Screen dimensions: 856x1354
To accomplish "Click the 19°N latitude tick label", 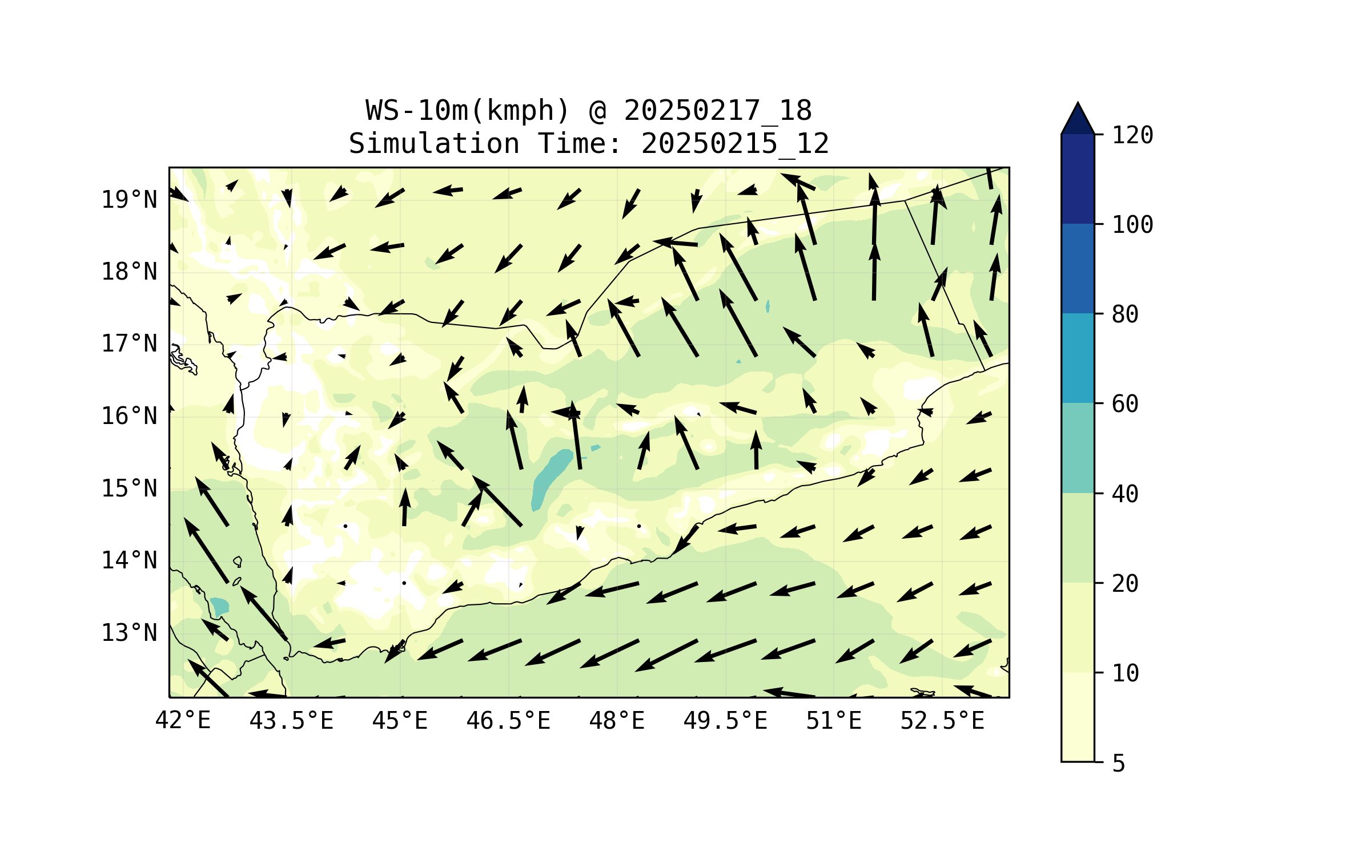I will (x=129, y=200).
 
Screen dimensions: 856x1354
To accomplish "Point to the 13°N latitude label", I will (x=129, y=633).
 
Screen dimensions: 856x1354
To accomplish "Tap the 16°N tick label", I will (x=129, y=416).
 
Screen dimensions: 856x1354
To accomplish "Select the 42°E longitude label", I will (x=183, y=721).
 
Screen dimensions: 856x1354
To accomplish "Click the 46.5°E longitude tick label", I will (x=508, y=721).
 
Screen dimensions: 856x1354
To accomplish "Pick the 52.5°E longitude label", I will (x=942, y=721).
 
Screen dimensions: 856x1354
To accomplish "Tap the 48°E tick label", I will (x=617, y=721).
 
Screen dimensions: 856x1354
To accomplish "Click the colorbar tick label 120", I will (x=1132, y=135).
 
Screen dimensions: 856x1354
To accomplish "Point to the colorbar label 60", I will (x=1125, y=404).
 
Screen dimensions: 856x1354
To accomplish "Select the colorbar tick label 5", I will (x=1119, y=763).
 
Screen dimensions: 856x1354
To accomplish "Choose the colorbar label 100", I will (x=1132, y=225).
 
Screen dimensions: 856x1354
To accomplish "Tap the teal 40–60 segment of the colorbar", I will (x=1078, y=448).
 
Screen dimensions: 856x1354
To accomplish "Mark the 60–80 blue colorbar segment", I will (x=1078, y=358).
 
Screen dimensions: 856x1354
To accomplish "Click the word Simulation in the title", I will (x=434, y=143).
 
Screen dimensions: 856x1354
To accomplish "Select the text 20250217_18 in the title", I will (x=717, y=111).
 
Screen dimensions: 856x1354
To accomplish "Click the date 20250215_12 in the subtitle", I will (x=734, y=143).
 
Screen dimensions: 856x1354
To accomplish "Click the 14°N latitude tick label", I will (x=129, y=560).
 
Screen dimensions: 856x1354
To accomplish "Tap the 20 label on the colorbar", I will (x=1125, y=583).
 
